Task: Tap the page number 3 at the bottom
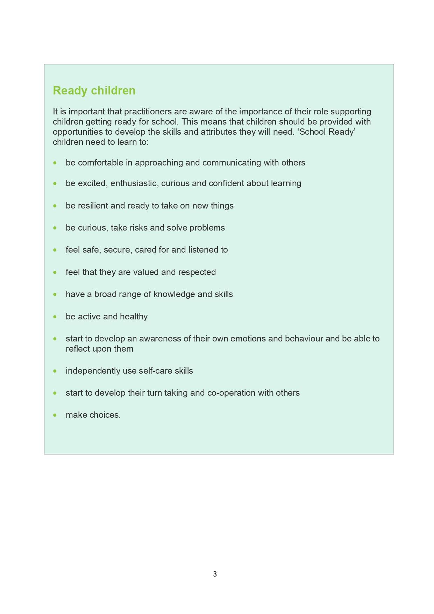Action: tap(215, 574)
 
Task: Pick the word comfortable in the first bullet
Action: tap(101, 163)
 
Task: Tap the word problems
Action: tap(207, 228)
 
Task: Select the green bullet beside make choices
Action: tap(55, 415)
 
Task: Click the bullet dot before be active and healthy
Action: tap(55, 317)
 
